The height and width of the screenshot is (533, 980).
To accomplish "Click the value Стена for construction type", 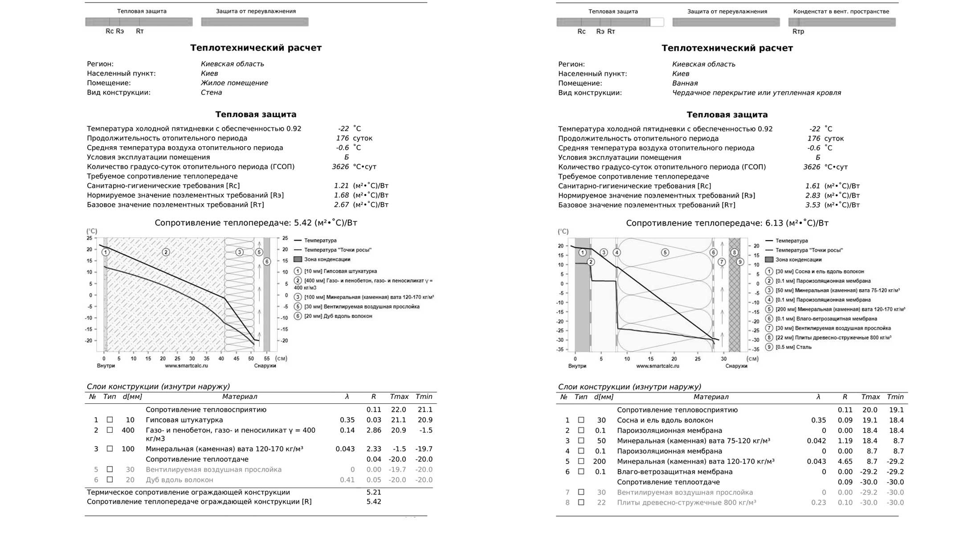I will point(211,93).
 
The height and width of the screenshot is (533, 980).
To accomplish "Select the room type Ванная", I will point(685,83).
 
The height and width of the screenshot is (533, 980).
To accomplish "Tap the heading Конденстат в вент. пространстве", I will point(841,12).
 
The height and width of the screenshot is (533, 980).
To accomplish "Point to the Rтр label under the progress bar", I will point(798,32).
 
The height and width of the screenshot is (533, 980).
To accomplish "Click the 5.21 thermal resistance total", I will point(374,492).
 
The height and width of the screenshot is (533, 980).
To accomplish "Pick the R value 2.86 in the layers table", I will point(374,430).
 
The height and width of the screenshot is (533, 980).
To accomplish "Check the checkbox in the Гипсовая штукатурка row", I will point(110,420).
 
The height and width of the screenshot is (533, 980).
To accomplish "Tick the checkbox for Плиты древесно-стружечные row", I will point(581,503).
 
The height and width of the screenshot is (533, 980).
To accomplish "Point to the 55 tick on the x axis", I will point(266,358).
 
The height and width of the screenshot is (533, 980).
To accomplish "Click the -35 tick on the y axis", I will point(559,349).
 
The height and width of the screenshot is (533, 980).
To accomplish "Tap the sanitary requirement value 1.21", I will point(341,186).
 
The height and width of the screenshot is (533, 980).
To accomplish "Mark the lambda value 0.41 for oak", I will point(347,480).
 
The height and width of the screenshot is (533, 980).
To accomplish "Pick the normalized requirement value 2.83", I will point(813,196).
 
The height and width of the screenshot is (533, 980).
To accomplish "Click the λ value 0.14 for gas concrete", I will point(347,430).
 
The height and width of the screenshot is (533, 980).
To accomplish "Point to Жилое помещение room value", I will point(234,83).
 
